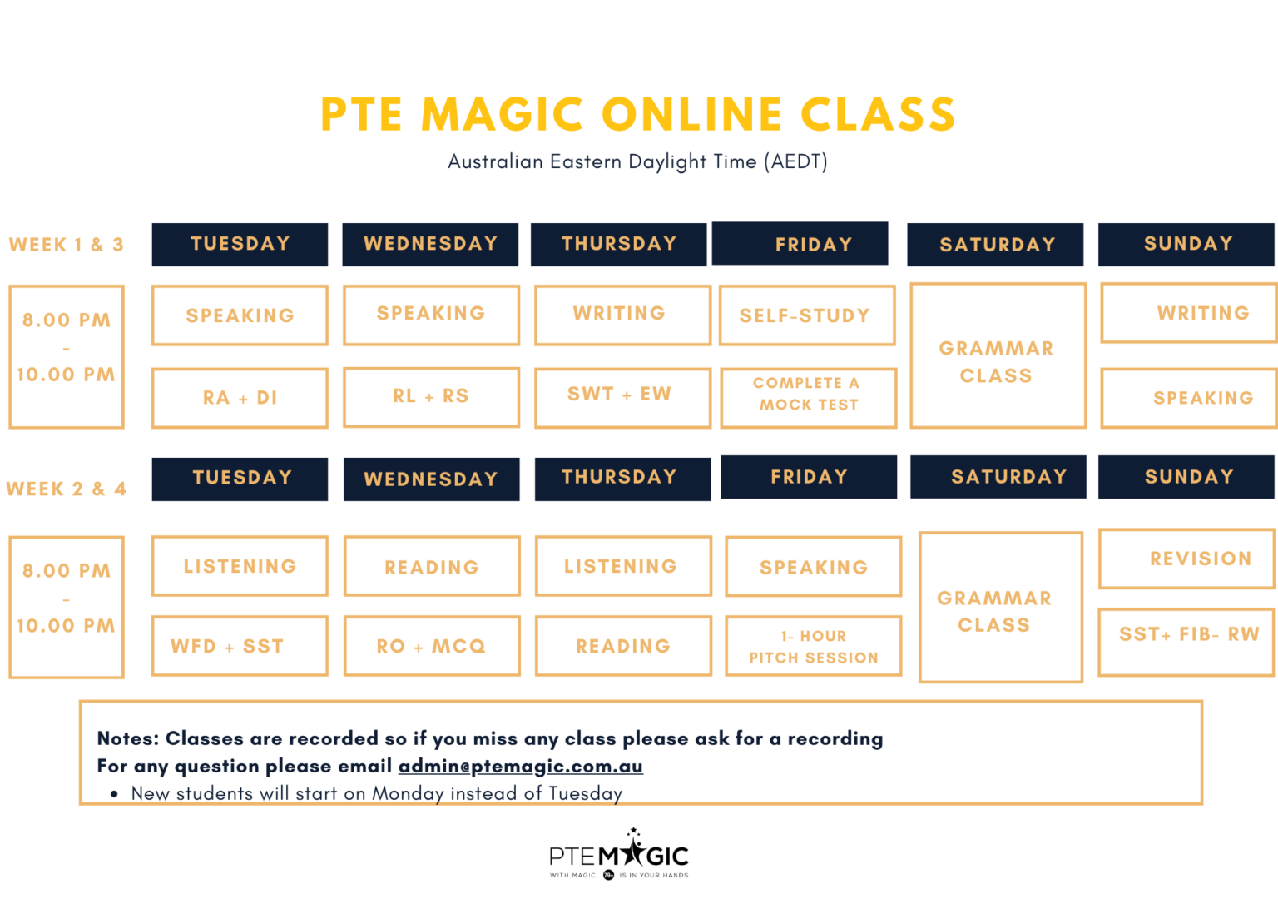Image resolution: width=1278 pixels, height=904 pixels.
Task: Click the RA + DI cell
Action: pyautogui.click(x=240, y=398)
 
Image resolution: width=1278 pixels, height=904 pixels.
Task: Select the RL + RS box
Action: pyautogui.click(x=431, y=396)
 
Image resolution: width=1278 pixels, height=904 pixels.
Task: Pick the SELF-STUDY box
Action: pyautogui.click(x=806, y=315)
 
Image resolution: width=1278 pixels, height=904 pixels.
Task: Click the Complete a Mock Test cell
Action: pyautogui.click(x=808, y=395)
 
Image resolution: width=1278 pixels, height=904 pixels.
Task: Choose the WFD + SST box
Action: pyautogui.click(x=240, y=646)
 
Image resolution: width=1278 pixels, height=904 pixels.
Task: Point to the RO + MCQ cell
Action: pyautogui.click(x=431, y=646)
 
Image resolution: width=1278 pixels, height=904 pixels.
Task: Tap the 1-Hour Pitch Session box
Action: pyautogui.click(x=813, y=647)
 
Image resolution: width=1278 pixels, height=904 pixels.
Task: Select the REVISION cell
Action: pyautogui.click(x=1187, y=559)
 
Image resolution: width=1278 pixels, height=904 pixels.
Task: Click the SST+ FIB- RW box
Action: pyautogui.click(x=1187, y=634)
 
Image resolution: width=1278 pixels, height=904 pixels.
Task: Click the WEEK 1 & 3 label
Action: pyautogui.click(x=67, y=245)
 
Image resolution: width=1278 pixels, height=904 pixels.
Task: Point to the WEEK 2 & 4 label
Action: pyautogui.click(x=67, y=489)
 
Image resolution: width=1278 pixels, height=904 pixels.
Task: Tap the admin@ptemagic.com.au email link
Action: pyautogui.click(x=520, y=766)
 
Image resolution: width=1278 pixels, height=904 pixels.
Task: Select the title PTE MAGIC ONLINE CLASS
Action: pyautogui.click(x=638, y=115)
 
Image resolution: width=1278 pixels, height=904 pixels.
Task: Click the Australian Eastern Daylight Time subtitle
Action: pyautogui.click(x=638, y=161)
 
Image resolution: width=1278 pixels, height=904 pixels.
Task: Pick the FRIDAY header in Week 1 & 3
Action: pyautogui.click(x=800, y=244)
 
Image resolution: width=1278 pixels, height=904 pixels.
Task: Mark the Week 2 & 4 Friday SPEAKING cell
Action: pyautogui.click(x=813, y=567)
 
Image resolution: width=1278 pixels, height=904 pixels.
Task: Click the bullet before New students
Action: pyautogui.click(x=114, y=794)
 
